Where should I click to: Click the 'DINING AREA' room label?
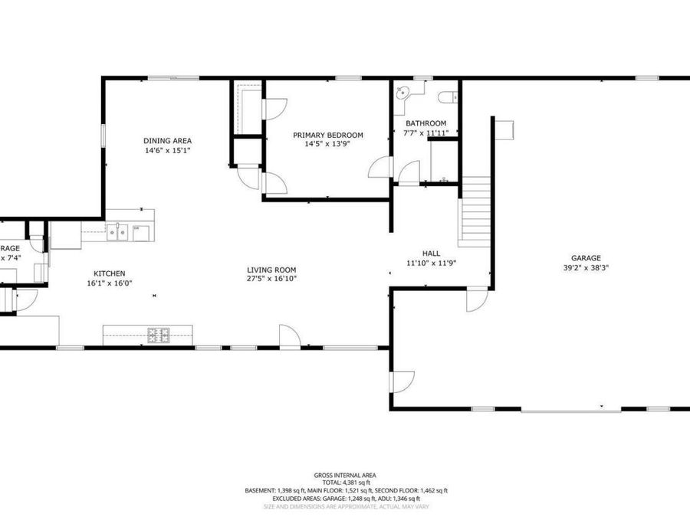[x=167, y=140]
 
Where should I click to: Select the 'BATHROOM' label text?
[x=426, y=123]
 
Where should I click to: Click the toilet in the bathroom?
[x=450, y=97]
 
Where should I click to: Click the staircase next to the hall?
[x=474, y=211]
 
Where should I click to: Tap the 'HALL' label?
[x=431, y=253]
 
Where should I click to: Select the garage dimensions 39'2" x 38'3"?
[x=585, y=268]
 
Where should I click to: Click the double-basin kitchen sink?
[x=117, y=231]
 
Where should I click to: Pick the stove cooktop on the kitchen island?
[x=159, y=334]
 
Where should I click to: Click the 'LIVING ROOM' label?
[x=271, y=270]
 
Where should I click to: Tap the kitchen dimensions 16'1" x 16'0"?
[x=110, y=283]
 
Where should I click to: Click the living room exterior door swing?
[x=289, y=336]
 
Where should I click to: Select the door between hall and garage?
[x=476, y=299]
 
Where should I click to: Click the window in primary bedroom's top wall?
[x=349, y=77]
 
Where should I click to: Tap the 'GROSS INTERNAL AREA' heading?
[x=345, y=475]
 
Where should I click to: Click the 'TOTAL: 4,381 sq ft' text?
[x=345, y=483]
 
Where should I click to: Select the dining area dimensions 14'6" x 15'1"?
[x=167, y=151]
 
